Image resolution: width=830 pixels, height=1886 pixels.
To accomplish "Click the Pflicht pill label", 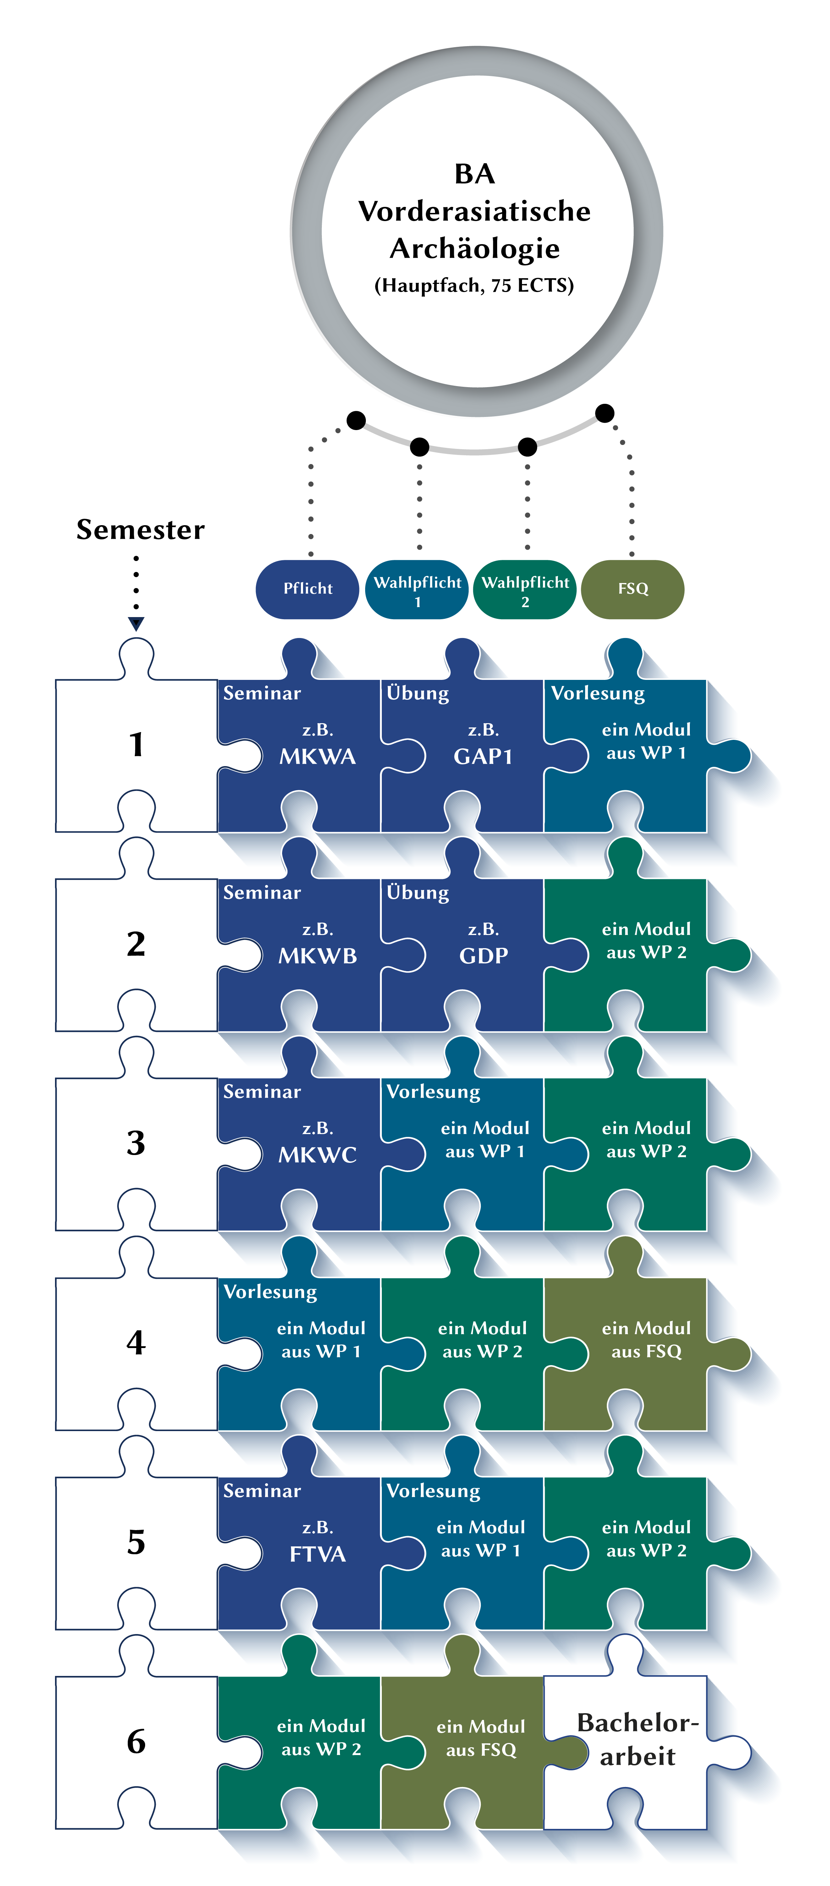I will point(307,589).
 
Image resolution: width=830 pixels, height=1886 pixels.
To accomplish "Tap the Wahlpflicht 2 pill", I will point(525,590).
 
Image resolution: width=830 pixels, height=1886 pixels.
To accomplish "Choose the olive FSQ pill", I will point(632,589).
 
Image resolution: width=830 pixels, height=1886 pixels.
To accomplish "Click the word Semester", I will point(141,529).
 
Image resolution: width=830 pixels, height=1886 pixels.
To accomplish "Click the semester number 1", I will point(136,744).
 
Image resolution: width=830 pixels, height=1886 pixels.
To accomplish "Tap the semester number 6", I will point(136,1741).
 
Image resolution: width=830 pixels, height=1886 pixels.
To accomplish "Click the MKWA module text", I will point(318,756).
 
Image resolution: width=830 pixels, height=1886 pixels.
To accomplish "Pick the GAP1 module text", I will point(483,756).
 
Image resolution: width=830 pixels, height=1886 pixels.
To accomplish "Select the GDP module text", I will point(483,956).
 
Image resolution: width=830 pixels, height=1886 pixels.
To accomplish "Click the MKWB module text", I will point(318,956).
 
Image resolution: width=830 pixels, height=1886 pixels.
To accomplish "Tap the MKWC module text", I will point(318,1155).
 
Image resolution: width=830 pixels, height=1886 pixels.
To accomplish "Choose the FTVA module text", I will point(318,1554).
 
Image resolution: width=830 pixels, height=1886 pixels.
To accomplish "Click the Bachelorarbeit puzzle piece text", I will point(638,1739).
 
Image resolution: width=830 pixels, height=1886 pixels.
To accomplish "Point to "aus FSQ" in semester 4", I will point(646,1352).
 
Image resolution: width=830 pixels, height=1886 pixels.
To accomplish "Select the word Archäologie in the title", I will point(474,248).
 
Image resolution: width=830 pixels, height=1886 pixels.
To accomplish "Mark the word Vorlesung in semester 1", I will point(598,693).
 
